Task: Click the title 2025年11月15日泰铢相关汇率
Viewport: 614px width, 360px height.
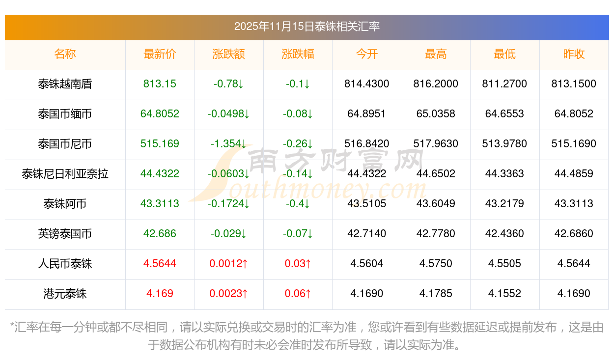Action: click(x=307, y=27)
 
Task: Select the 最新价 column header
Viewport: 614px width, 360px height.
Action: click(x=160, y=54)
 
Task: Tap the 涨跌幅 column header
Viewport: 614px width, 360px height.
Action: click(x=298, y=54)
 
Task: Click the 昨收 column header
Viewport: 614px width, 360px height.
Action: click(x=574, y=54)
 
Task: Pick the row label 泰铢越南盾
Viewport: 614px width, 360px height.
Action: click(x=65, y=84)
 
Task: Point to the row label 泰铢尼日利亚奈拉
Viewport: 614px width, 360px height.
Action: click(x=65, y=174)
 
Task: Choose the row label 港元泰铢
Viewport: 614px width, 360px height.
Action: click(x=65, y=294)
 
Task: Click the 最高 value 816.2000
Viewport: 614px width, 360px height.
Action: click(x=436, y=84)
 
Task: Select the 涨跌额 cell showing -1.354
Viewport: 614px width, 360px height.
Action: click(x=228, y=144)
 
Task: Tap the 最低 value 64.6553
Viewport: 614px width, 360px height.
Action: click(x=504, y=114)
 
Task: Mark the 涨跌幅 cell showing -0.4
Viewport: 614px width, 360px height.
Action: click(x=298, y=204)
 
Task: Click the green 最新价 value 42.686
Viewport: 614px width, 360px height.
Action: click(x=160, y=234)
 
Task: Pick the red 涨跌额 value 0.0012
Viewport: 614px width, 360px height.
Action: click(x=228, y=264)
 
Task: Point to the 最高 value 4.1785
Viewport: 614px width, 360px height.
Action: click(x=436, y=294)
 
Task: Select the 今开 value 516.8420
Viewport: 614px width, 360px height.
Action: click(x=367, y=144)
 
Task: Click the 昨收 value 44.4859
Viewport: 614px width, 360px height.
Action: click(x=574, y=174)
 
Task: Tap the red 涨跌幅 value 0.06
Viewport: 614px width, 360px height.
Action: click(x=298, y=294)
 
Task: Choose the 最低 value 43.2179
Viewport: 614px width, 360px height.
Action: click(x=504, y=204)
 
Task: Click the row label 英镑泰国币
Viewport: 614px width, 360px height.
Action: click(x=65, y=234)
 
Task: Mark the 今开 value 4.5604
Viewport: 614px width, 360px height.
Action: click(x=367, y=264)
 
